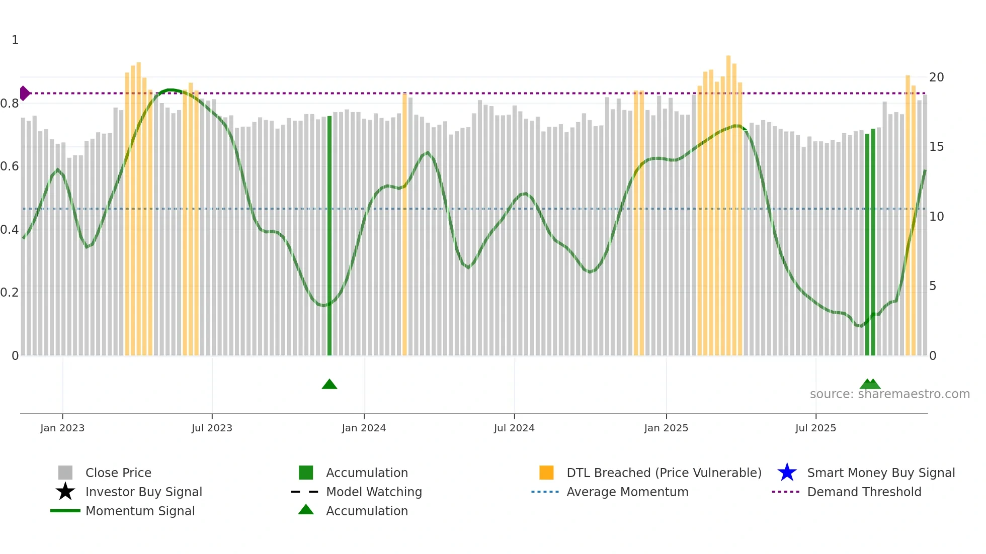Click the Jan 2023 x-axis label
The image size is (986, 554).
coord(62,428)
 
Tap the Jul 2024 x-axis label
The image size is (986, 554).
coord(514,428)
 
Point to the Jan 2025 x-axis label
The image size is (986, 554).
coord(666,428)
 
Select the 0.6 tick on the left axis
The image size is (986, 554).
coord(10,166)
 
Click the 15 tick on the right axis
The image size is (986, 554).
coord(936,147)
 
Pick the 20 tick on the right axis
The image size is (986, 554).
coord(936,77)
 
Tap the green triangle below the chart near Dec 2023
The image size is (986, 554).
coord(330,385)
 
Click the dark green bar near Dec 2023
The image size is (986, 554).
coord(330,236)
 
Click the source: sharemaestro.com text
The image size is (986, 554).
coord(889,394)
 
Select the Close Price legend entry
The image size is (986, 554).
coord(118,473)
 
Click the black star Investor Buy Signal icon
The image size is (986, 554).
coord(65,492)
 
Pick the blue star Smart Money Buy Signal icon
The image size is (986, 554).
coord(787,473)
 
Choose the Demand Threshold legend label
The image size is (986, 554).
coord(864,492)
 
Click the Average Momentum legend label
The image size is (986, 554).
coord(627,492)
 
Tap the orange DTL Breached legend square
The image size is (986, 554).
coord(546,473)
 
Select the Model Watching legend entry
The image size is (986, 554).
coord(374,492)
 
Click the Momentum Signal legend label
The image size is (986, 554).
coord(140,511)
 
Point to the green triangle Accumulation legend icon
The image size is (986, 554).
coord(306,510)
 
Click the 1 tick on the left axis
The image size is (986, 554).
coord(15,40)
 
